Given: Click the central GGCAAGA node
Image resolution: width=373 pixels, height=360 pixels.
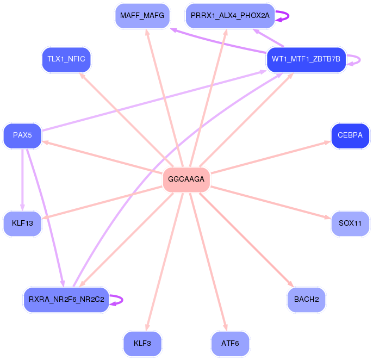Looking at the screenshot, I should click(x=186, y=179).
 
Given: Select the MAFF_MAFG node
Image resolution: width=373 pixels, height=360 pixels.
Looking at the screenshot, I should click(x=142, y=16).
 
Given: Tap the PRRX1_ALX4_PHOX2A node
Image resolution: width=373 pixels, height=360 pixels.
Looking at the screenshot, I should click(x=230, y=16).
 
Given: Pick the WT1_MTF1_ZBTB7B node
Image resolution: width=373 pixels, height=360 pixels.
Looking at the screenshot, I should click(x=306, y=59).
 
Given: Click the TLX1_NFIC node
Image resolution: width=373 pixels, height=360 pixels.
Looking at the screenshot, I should click(x=66, y=59).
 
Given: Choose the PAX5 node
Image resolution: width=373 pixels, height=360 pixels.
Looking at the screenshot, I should click(x=22, y=135).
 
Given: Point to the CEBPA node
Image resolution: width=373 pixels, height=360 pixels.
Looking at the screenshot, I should click(x=350, y=135).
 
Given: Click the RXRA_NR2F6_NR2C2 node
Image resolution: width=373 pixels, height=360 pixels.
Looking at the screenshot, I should click(x=66, y=300).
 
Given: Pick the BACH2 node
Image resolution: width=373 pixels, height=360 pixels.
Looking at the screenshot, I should click(x=306, y=300).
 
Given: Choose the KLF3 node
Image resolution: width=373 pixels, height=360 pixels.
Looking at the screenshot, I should click(x=142, y=344).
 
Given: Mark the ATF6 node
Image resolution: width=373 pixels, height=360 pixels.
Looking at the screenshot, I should click(x=230, y=344).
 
